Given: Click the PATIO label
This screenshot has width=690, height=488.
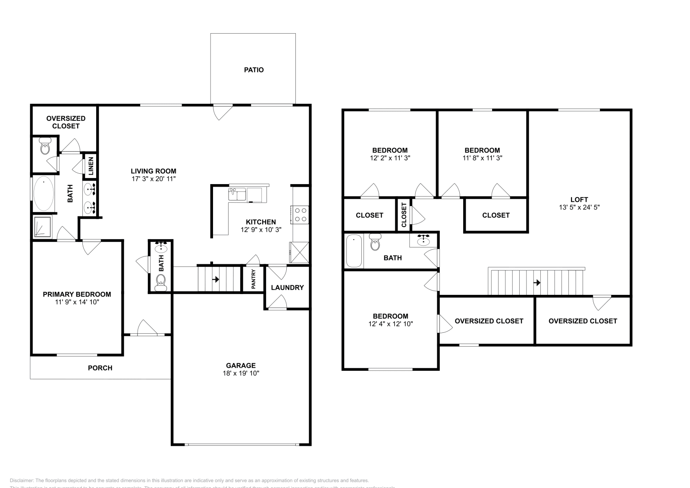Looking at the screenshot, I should tap(254, 70).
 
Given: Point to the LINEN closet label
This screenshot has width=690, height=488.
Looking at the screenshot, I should tap(91, 166).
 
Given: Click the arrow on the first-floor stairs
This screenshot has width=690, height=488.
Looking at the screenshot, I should tap(215, 279).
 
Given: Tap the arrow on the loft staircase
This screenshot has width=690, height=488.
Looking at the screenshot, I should tap(537, 283).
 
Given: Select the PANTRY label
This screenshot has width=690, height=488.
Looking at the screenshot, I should tap(254, 279).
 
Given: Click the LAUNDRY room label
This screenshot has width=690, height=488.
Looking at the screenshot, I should tap(287, 288).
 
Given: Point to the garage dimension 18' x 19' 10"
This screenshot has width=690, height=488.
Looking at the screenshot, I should tap(241, 373).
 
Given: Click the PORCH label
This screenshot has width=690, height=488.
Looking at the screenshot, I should tap(100, 368).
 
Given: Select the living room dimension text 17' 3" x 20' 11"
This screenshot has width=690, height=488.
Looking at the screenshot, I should tap(154, 178).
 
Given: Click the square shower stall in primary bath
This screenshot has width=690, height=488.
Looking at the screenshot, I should tap(43, 227).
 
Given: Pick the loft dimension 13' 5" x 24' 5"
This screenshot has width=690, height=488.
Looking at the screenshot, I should tap(579, 207).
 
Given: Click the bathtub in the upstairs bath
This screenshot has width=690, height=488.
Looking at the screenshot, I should tap(354, 251).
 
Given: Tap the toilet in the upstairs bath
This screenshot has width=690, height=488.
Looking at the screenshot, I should tap(375, 242).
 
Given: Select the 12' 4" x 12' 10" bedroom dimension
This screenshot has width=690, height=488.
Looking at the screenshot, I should tap(391, 324).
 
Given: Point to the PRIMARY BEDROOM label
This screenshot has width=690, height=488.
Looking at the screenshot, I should tap(77, 294).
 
